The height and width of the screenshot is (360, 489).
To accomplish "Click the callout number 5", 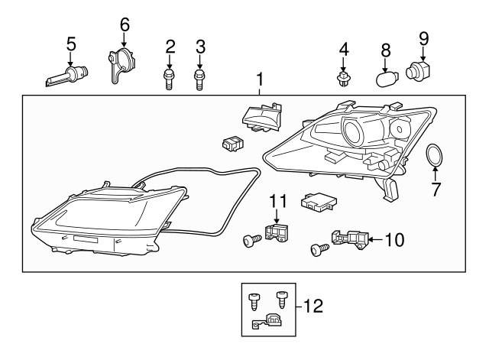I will click(x=71, y=44).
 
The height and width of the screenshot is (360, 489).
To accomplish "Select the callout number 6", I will click(x=125, y=24).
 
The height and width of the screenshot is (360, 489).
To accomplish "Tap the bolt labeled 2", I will click(x=170, y=79).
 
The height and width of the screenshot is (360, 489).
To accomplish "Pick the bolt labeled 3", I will click(x=200, y=79).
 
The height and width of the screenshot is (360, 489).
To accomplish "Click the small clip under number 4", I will click(x=343, y=79).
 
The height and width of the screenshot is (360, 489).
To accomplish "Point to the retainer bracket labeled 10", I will click(x=348, y=241).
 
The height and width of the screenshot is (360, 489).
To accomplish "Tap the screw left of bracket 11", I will click(x=248, y=241).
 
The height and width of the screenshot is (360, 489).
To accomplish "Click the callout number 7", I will click(x=436, y=189).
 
